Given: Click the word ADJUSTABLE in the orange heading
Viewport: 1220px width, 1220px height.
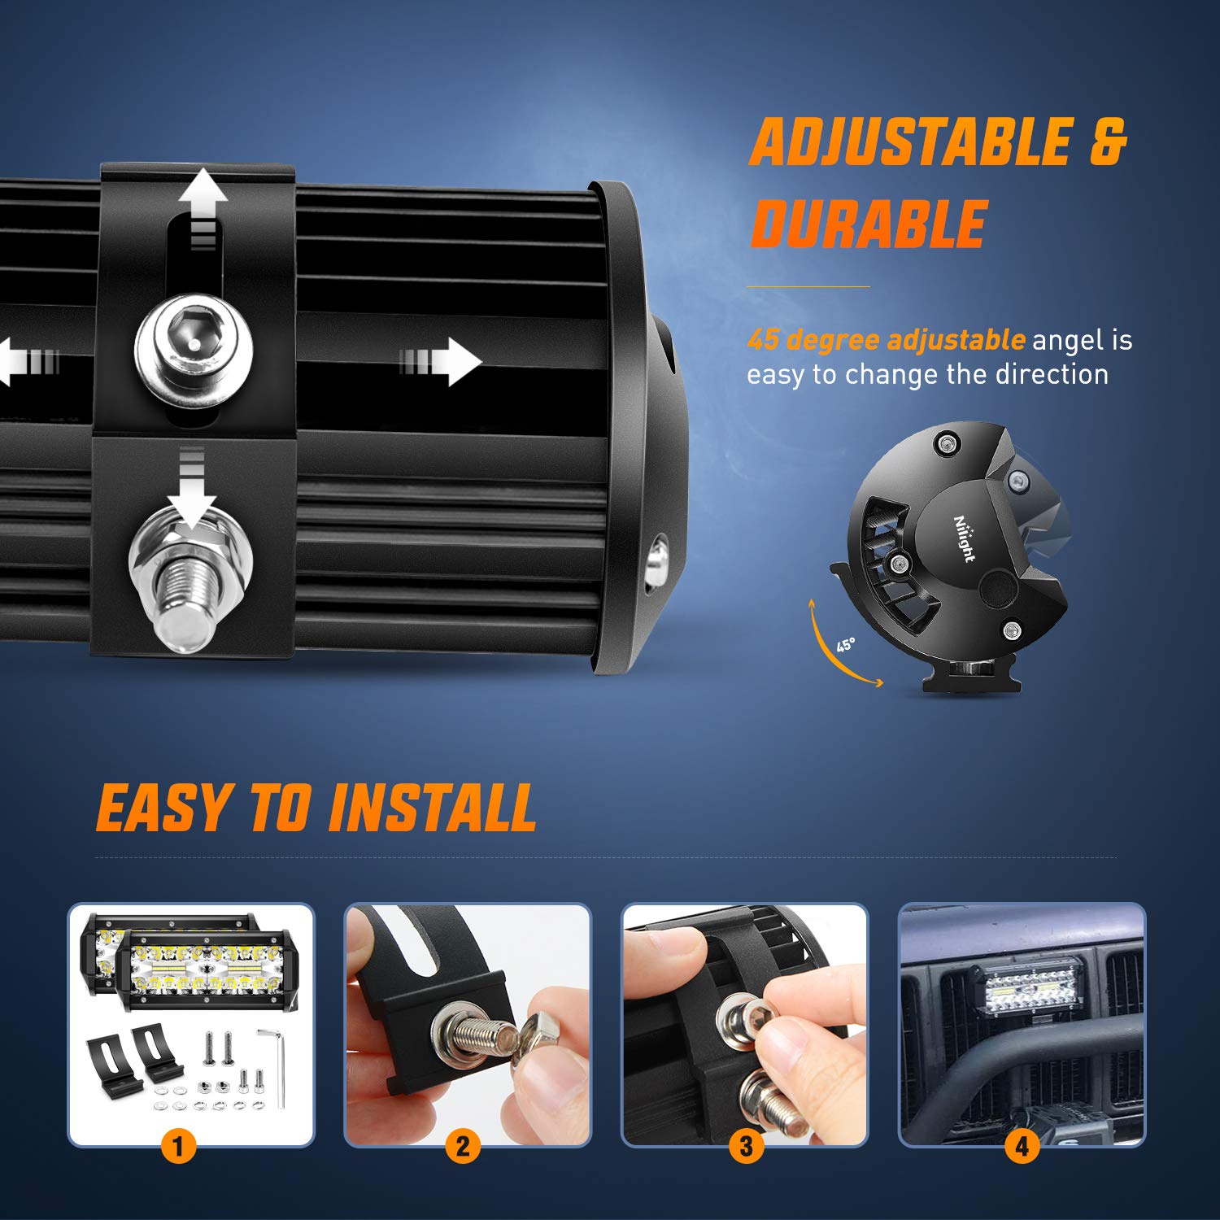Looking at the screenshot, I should click(x=909, y=142).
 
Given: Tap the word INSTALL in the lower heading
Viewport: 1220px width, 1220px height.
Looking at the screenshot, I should click(x=433, y=808).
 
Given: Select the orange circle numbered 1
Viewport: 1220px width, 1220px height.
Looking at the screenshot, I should click(x=178, y=1147).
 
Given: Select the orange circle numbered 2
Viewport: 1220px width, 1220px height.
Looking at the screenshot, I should click(x=462, y=1147).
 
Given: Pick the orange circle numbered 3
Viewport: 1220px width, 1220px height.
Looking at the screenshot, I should click(x=746, y=1147).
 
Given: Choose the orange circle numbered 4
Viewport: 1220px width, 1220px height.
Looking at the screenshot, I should click(x=1022, y=1147).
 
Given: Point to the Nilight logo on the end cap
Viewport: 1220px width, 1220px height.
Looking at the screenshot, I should click(x=964, y=538).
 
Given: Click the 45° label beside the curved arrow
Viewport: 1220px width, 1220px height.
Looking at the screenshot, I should click(x=846, y=645).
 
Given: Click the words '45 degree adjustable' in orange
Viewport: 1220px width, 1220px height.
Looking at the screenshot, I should click(x=886, y=340).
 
